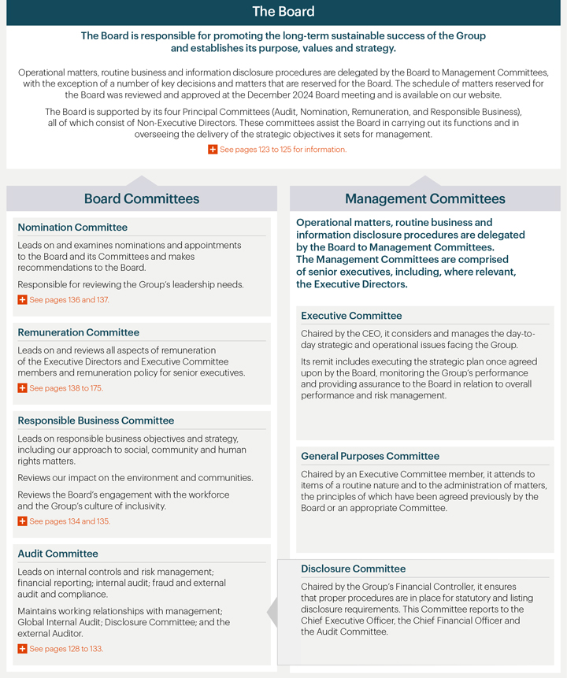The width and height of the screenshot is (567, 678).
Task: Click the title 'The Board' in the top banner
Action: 283,12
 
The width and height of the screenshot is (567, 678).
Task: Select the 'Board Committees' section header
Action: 142,198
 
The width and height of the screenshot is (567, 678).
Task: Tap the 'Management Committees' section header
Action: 424,198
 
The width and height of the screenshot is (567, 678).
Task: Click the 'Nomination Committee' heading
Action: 72,228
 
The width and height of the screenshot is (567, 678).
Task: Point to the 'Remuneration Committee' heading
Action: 78,332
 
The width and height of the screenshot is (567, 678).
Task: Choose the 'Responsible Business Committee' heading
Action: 95,421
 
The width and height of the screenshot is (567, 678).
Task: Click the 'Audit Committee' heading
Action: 57,554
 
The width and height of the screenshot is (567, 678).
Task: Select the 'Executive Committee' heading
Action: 351,316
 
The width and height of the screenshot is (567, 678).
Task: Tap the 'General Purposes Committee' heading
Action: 370,456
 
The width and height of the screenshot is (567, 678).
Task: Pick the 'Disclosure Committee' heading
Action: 353,569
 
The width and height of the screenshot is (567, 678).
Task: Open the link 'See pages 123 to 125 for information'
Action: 283,150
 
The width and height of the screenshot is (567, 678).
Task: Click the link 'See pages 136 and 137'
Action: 69,300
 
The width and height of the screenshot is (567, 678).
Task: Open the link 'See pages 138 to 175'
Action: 66,388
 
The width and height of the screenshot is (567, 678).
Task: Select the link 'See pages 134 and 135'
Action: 69,521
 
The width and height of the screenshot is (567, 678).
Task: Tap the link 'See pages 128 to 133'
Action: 66,649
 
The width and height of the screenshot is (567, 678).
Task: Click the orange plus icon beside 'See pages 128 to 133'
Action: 22,649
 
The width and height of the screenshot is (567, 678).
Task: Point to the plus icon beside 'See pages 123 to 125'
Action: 213,150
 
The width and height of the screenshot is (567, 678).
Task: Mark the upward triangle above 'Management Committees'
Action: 424,181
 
